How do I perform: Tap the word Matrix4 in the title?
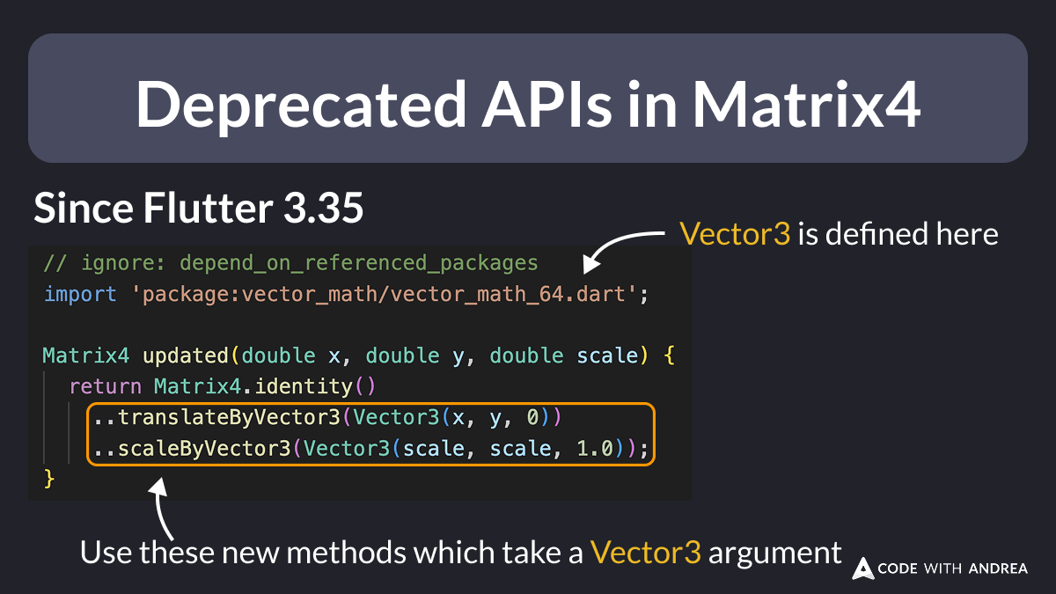point(807,106)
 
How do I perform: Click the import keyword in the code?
point(79,295)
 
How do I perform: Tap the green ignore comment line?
point(290,263)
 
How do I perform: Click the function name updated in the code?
point(184,356)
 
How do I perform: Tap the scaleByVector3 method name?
point(204,449)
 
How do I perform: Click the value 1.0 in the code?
point(595,449)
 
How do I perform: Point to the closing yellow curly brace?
point(49,479)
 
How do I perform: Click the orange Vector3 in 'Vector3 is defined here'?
point(735,234)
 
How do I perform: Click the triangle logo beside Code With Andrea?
point(862,568)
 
